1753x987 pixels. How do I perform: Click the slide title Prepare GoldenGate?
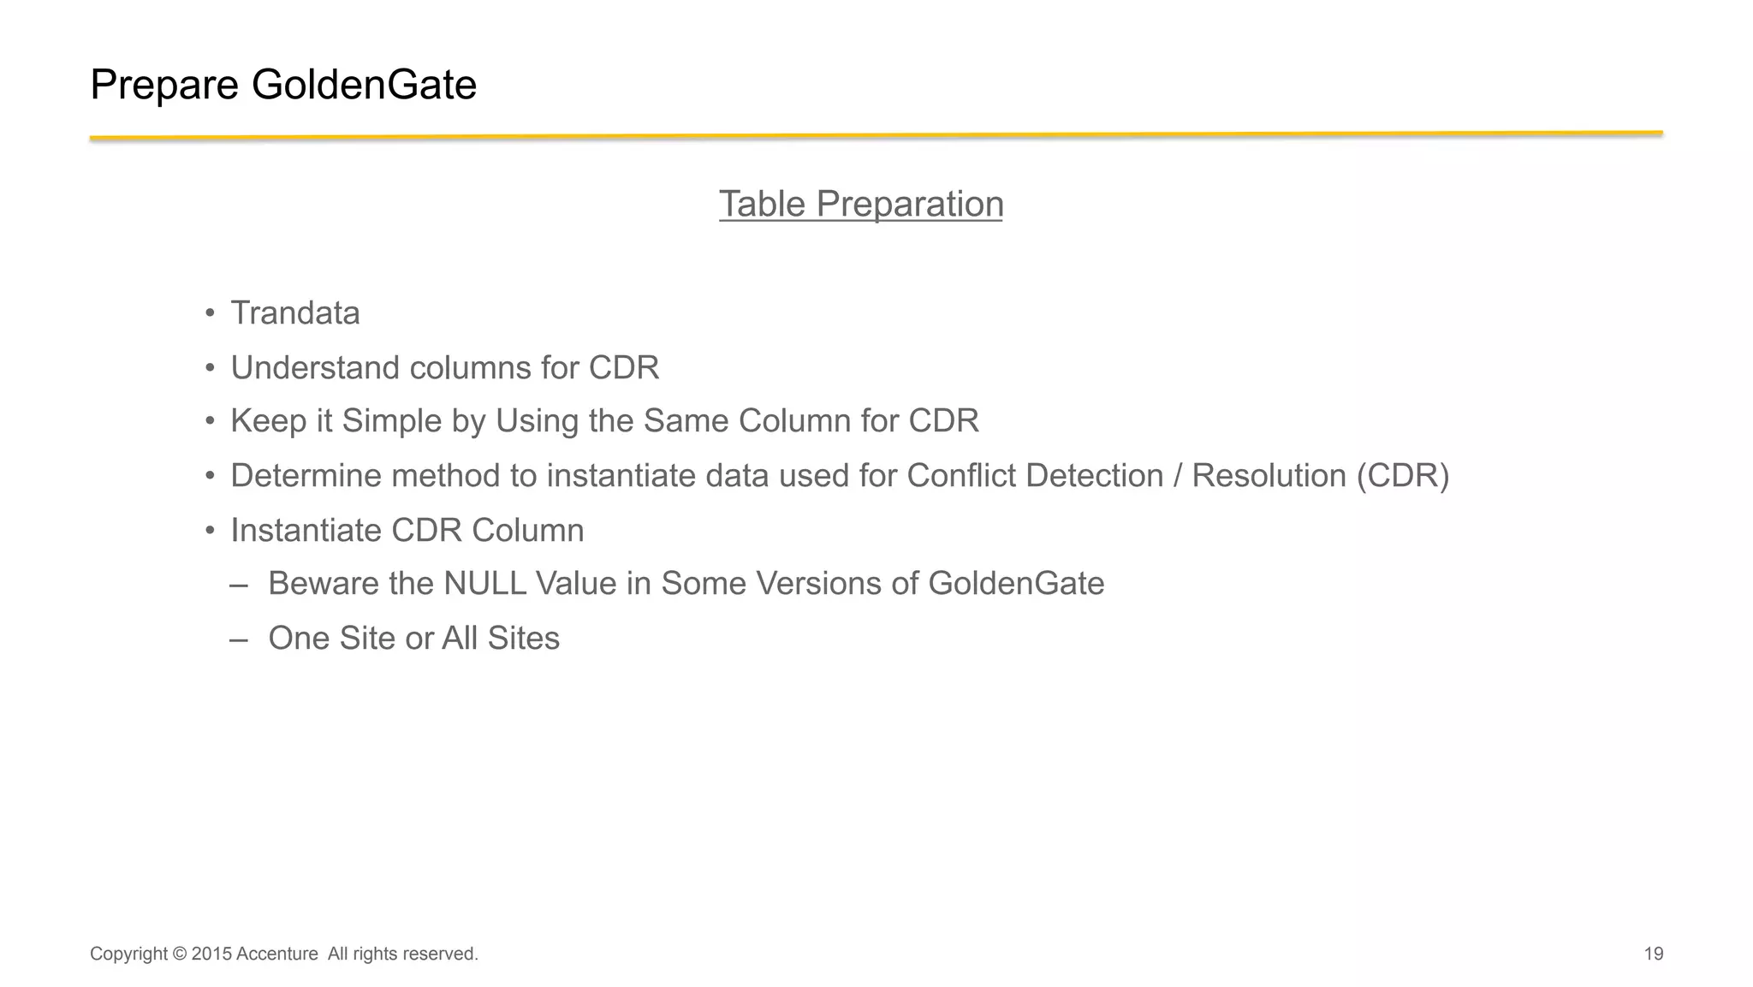tap(282, 85)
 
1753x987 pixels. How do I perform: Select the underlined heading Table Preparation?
tap(860, 204)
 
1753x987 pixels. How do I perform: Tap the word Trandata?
tap(295, 313)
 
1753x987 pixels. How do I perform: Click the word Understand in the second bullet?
tap(315, 368)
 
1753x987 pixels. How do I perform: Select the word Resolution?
tap(1269, 476)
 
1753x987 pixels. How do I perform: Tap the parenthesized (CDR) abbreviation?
tap(1403, 476)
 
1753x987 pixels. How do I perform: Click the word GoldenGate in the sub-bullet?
tap(1016, 584)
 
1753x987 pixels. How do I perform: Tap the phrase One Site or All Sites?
tap(413, 639)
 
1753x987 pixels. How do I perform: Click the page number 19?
tap(1654, 954)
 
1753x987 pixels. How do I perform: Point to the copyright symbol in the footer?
tap(179, 954)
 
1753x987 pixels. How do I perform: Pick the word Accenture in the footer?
tap(276, 954)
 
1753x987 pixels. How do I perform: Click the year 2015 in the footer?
tap(211, 954)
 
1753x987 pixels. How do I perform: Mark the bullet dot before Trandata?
tap(210, 314)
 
